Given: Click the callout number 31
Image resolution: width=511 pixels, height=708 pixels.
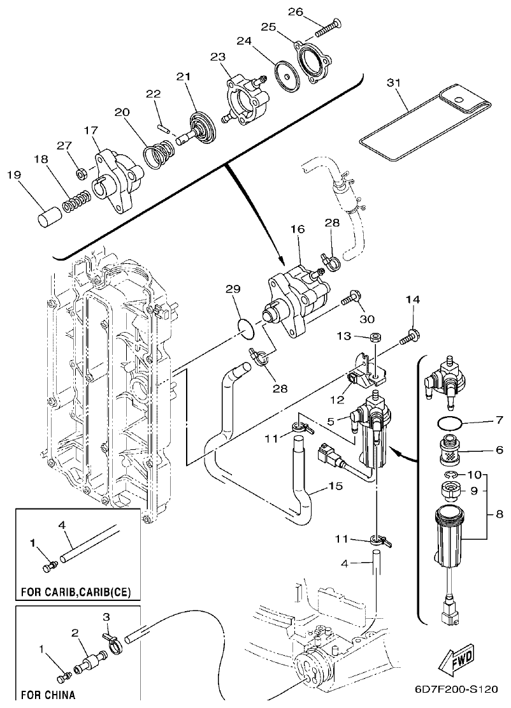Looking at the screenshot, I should [395, 82].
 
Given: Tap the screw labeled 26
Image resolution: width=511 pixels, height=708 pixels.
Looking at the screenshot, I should [329, 26].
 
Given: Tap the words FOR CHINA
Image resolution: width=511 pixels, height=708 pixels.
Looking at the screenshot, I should [48, 694].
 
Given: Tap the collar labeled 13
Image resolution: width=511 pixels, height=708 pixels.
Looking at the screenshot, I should [375, 336].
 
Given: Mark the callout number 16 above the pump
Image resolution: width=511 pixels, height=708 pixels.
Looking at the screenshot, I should [298, 229].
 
